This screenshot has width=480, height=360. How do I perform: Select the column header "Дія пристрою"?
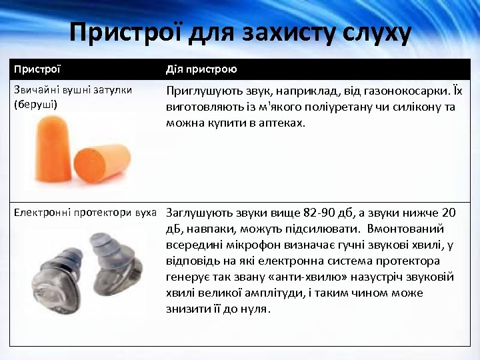(x=201, y=69)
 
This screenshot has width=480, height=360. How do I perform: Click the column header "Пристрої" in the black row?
(x=37, y=69)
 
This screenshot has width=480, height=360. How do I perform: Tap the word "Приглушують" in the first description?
(x=201, y=92)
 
